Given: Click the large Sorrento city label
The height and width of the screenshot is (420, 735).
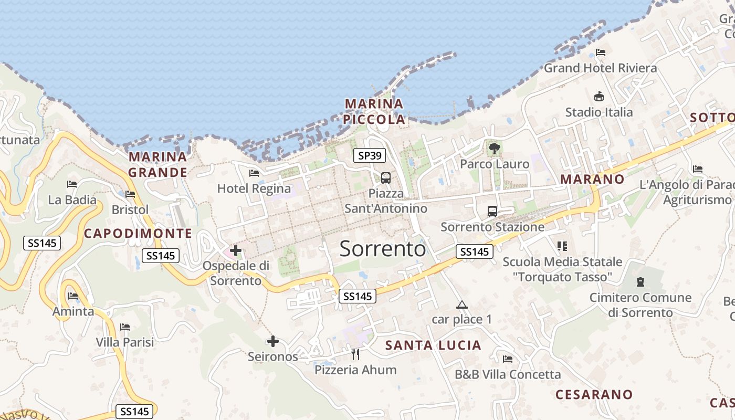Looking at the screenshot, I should pyautogui.click(x=382, y=248).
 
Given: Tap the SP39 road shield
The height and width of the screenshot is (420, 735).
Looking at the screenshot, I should pyautogui.click(x=370, y=155).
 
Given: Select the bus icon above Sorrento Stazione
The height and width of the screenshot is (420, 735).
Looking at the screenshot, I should pyautogui.click(x=492, y=212).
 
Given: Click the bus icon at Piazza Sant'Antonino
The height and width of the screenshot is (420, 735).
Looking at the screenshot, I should pyautogui.click(x=386, y=178).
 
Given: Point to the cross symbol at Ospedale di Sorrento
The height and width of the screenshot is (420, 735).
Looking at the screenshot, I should pyautogui.click(x=236, y=251).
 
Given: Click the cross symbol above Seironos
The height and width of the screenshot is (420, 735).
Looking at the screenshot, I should pyautogui.click(x=273, y=342).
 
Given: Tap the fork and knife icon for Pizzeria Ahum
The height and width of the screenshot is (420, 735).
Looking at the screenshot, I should pyautogui.click(x=355, y=354).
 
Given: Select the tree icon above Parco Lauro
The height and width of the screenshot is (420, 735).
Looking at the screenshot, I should pyautogui.click(x=494, y=149).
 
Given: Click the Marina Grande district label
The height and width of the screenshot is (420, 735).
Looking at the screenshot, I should pyautogui.click(x=158, y=164).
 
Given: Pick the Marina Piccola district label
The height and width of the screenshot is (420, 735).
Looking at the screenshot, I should pyautogui.click(x=374, y=111).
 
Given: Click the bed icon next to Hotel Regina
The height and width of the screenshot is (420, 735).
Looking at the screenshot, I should pyautogui.click(x=254, y=173).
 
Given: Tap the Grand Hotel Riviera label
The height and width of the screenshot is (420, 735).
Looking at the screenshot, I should pyautogui.click(x=600, y=68).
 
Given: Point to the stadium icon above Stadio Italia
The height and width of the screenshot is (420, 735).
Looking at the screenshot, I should pyautogui.click(x=598, y=97).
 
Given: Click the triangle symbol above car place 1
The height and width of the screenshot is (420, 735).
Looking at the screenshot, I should pyautogui.click(x=461, y=304).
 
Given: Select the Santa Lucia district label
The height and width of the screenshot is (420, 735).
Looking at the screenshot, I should pyautogui.click(x=433, y=345).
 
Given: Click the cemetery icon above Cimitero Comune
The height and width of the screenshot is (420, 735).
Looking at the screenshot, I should pyautogui.click(x=640, y=282).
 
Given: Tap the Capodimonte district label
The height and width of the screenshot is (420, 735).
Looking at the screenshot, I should pyautogui.click(x=138, y=234).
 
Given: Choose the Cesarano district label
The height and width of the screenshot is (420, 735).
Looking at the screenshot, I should pyautogui.click(x=594, y=394).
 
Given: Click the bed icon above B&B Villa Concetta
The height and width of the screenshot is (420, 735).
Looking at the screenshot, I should pyautogui.click(x=508, y=359).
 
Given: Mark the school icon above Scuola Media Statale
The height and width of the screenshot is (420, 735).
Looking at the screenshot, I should pyautogui.click(x=562, y=246).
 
